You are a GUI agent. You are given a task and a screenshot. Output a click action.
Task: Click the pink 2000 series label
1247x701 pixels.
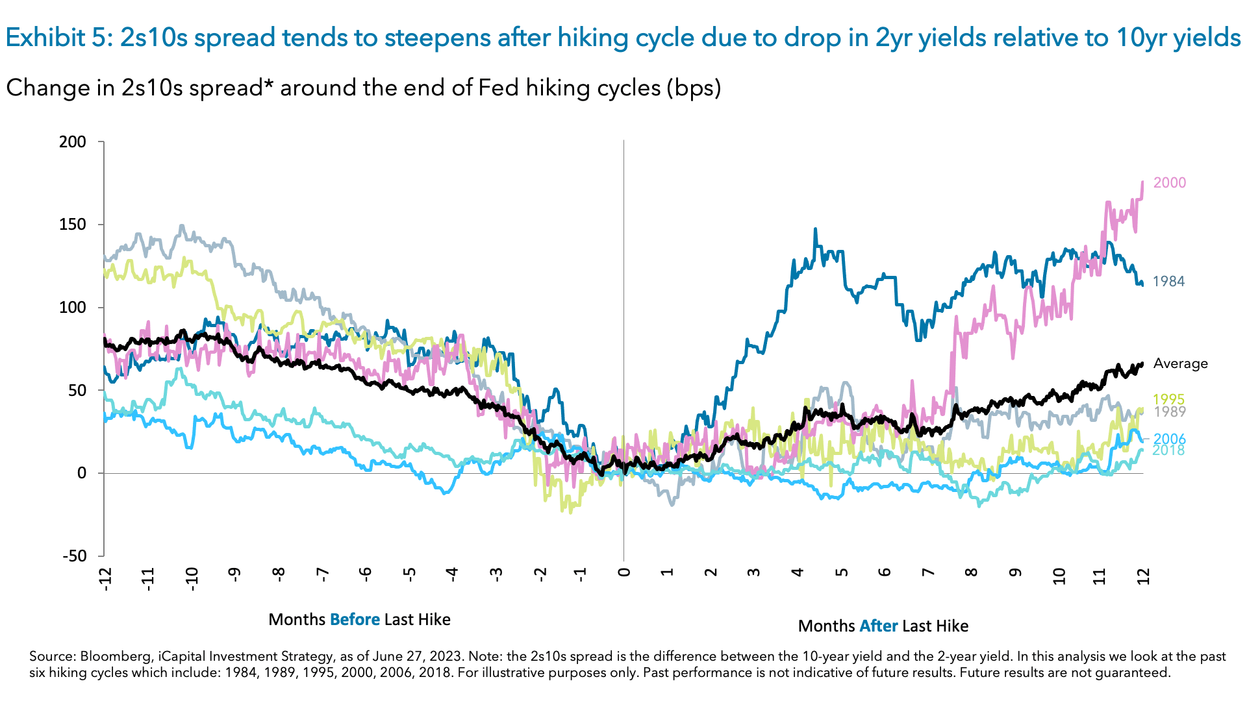click(x=1169, y=183)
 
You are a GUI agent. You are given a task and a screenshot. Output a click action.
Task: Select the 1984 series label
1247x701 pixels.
click(x=1168, y=282)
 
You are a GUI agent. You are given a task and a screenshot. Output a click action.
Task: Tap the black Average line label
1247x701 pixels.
click(x=1180, y=364)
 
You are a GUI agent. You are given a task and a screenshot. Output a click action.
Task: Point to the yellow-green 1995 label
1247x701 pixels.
click(x=1168, y=400)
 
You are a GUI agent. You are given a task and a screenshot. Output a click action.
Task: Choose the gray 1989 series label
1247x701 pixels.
click(x=1169, y=412)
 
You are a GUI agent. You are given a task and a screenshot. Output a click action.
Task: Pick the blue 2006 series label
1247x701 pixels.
click(x=1169, y=439)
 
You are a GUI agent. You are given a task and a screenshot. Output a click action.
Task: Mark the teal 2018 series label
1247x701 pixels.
click(x=1168, y=450)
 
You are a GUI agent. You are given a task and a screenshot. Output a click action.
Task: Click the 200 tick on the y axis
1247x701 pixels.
click(x=72, y=142)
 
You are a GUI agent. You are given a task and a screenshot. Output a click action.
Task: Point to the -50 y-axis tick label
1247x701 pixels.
click(x=73, y=556)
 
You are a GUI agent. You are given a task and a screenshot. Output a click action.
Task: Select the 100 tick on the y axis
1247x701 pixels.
click(x=72, y=308)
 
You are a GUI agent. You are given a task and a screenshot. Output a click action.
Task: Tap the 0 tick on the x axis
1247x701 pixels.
click(x=624, y=572)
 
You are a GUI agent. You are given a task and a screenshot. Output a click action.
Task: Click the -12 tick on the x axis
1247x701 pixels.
click(x=105, y=578)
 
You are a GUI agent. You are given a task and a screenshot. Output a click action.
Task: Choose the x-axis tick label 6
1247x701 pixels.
click(x=885, y=572)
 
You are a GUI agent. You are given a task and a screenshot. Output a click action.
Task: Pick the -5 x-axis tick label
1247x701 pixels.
click(x=409, y=574)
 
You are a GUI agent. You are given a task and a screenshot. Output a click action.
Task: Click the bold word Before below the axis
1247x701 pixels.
click(x=355, y=620)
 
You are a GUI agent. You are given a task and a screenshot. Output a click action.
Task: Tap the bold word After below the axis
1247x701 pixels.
click(x=878, y=626)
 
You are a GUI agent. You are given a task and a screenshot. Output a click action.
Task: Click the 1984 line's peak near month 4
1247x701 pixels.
click(x=815, y=230)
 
